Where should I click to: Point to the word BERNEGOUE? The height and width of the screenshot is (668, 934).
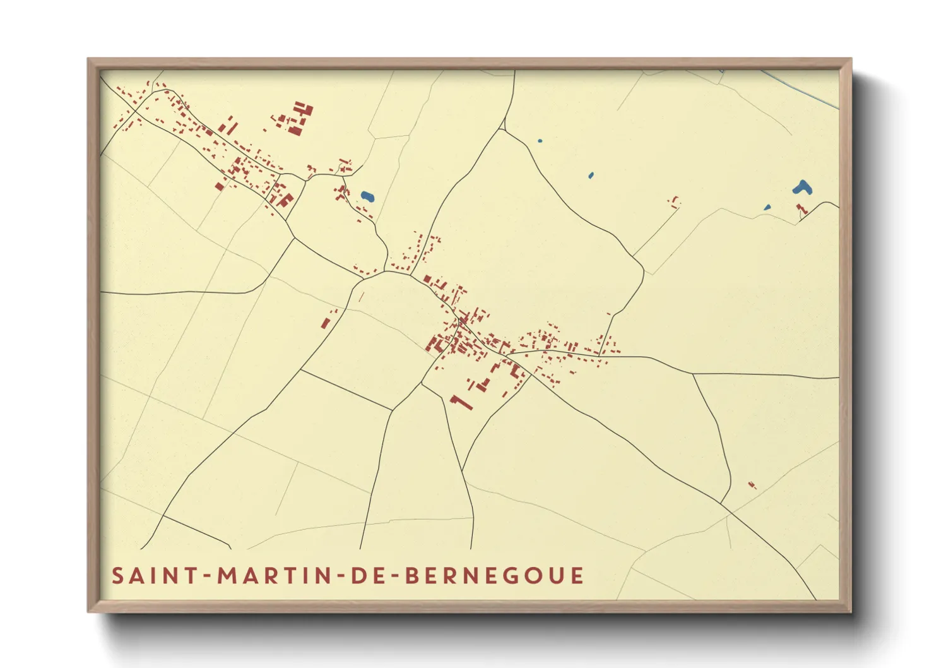tap(494, 576)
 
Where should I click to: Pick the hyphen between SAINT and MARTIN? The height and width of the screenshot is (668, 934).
tap(207, 576)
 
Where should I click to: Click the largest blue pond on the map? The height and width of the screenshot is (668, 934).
tap(802, 187)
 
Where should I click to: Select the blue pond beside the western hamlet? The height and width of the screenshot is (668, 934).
tap(367, 196)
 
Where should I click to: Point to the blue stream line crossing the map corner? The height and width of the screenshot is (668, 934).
tap(801, 89)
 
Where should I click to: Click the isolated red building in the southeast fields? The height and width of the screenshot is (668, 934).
tap(752, 485)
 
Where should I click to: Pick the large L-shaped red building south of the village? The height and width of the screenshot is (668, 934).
tap(461, 402)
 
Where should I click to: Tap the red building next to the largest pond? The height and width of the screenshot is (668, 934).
tap(801, 209)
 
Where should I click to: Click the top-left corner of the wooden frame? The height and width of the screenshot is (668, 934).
tap(88, 59)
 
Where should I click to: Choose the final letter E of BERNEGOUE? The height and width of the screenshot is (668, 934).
tap(577, 576)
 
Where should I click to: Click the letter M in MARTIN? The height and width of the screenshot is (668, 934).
tap(227, 576)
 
